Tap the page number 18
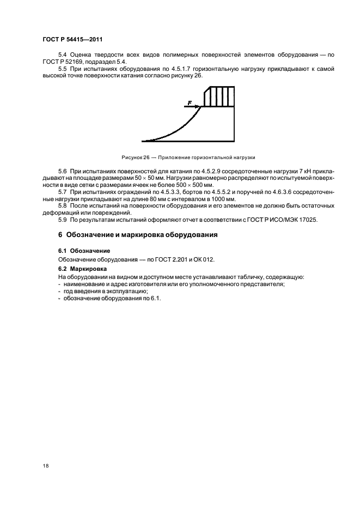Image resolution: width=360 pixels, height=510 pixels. pos(45,467)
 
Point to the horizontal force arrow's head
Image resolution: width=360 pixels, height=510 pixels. pos(199,107)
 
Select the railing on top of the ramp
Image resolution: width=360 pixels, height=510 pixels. pos(219,96)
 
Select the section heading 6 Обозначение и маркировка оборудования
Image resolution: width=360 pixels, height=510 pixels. pos(138,235)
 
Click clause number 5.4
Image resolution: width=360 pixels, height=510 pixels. pos(63,56)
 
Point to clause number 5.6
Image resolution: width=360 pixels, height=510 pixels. pos(63,172)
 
